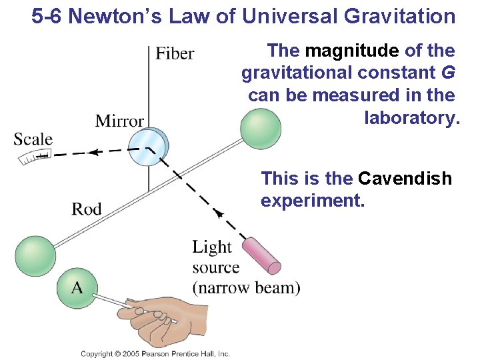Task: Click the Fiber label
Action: point(175,53)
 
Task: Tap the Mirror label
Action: point(119,121)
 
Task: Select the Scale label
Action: point(33,139)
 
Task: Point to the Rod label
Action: point(87,209)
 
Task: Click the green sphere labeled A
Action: point(77,287)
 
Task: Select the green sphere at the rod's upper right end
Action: point(261,129)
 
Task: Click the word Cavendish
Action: point(405,179)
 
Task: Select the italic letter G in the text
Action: point(444,73)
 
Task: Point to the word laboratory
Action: point(412,118)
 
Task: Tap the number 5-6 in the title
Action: point(47,17)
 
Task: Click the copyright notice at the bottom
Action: point(155,353)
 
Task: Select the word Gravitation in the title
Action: point(397,17)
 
